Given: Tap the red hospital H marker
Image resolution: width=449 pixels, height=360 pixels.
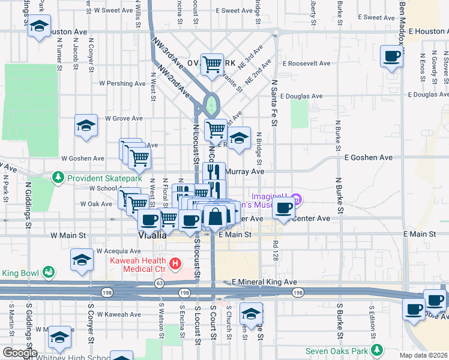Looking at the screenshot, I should tap(175, 263).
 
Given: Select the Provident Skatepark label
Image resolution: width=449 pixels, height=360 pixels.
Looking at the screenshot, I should tap(104, 178).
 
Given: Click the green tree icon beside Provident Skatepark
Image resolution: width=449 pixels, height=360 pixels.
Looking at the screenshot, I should tap(58, 178).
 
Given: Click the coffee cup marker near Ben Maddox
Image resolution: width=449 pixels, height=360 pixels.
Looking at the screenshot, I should tap(392, 56).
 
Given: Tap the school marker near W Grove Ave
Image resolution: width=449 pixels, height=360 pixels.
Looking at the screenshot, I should tap(86, 125).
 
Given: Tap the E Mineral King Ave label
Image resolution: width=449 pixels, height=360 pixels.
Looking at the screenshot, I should tap(265, 281).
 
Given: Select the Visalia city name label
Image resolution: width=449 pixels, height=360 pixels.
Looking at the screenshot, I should tap(151, 235).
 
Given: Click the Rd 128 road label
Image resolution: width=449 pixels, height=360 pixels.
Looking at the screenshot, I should tap(276, 248).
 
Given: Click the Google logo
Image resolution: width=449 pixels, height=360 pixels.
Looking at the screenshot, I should tap(20, 353).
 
